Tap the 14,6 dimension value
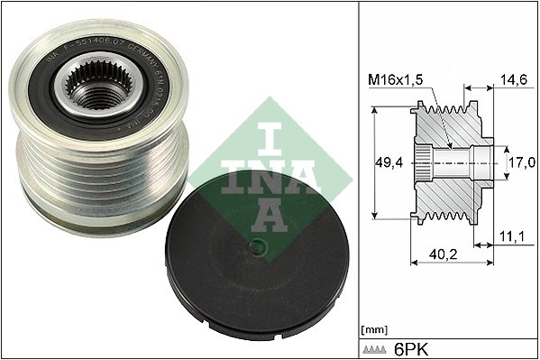tap(513, 80)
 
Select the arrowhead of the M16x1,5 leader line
tap(448, 145)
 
